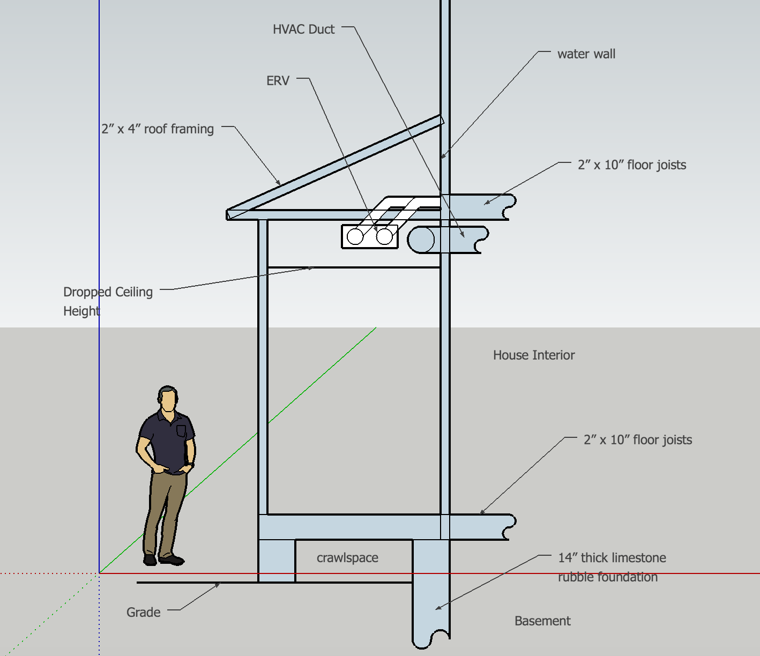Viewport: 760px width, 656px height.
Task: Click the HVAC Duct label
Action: click(x=303, y=29)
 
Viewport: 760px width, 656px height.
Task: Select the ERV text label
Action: click(x=278, y=81)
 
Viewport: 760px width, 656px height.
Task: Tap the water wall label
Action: click(x=586, y=54)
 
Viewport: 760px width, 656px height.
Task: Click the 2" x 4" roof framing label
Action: click(x=158, y=129)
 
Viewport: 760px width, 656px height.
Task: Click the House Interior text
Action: click(x=533, y=355)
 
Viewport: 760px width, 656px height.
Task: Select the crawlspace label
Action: click(x=347, y=558)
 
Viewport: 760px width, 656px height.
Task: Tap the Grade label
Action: click(x=143, y=613)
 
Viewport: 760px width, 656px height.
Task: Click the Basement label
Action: click(x=542, y=621)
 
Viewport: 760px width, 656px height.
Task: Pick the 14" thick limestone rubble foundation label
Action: click(x=612, y=568)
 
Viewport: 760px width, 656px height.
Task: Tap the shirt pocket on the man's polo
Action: click(x=181, y=431)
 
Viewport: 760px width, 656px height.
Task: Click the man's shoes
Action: click(x=164, y=560)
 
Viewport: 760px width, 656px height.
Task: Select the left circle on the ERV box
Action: click(x=355, y=236)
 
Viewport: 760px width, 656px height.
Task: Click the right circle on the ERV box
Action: click(x=384, y=236)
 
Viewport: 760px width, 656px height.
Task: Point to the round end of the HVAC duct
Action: click(x=421, y=240)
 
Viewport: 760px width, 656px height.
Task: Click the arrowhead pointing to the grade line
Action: click(x=218, y=585)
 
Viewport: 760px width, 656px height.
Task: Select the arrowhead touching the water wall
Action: click(x=443, y=156)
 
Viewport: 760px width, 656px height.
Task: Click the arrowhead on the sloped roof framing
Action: click(x=278, y=183)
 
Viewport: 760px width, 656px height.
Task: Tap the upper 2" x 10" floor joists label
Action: click(x=631, y=165)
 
